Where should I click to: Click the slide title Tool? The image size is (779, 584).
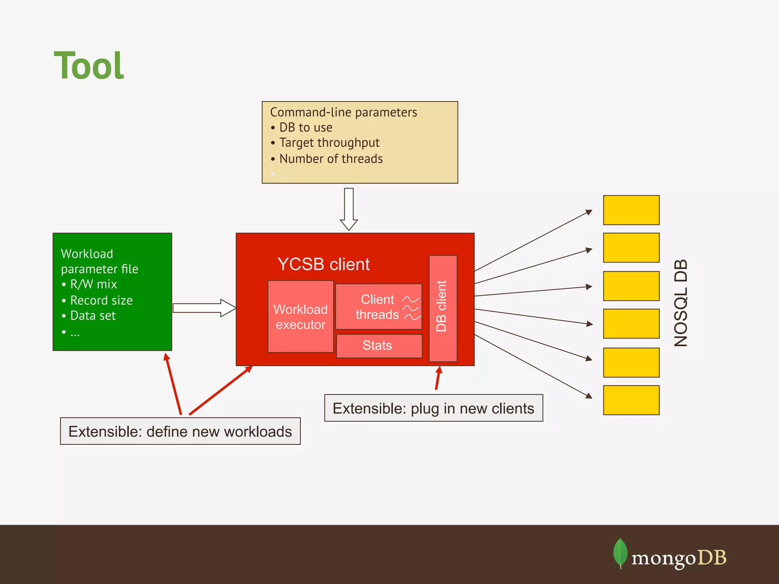[x=89, y=66]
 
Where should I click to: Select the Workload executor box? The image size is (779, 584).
[x=300, y=317]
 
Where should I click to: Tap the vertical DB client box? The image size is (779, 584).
[x=443, y=308]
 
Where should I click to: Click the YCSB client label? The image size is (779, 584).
[x=323, y=264]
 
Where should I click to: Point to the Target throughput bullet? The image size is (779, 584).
[x=329, y=143]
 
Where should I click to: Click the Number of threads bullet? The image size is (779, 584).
[x=331, y=159]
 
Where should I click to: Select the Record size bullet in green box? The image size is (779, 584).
[x=101, y=300]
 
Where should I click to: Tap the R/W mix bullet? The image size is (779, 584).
[x=94, y=284]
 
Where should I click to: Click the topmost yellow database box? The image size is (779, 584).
[x=631, y=210]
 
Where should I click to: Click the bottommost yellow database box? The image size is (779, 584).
[x=631, y=400]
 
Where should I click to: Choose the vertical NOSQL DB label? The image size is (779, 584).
[x=680, y=303]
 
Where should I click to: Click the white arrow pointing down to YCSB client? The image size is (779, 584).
[x=349, y=208]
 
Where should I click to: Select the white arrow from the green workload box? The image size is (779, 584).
[x=204, y=308]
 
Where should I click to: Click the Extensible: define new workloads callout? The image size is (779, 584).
[x=180, y=431]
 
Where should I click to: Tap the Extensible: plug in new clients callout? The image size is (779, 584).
[x=433, y=408]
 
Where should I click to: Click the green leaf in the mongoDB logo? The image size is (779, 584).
[x=620, y=552]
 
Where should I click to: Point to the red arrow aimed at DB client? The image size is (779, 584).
[x=438, y=378]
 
